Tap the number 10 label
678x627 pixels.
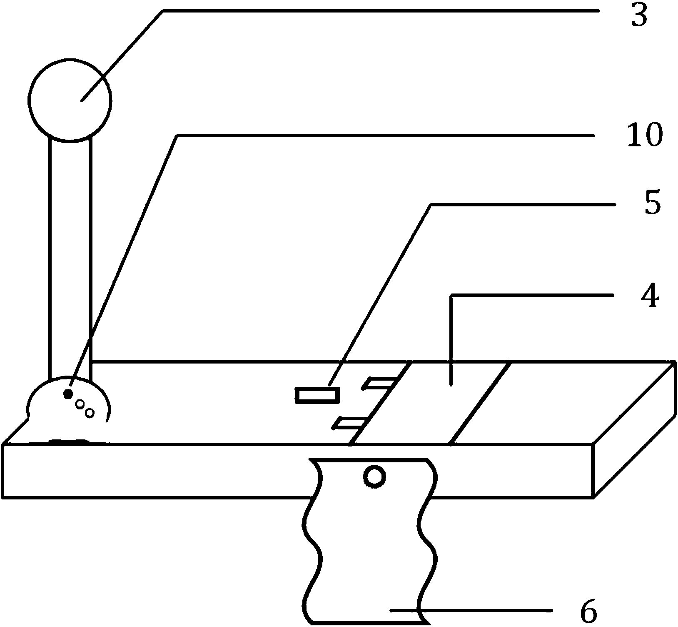coord(644,135)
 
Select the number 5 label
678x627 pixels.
coord(652,204)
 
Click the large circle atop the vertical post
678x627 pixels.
coord(70,99)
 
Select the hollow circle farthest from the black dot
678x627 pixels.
coord(90,413)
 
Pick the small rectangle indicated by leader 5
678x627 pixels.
coord(317,395)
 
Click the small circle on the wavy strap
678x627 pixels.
coord(374,477)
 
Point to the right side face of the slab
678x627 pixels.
coord(633,429)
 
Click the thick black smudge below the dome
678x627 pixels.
coord(69,440)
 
